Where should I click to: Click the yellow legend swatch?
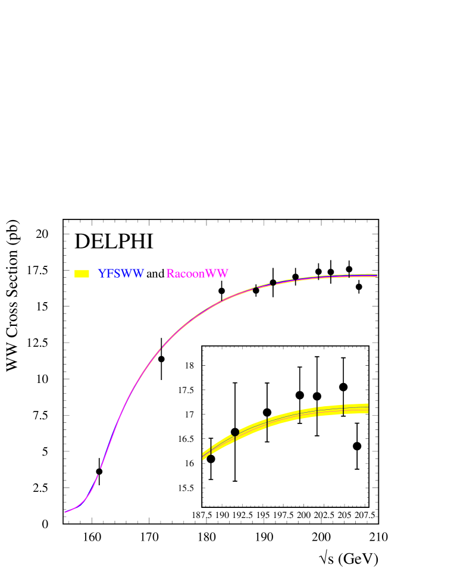(82, 274)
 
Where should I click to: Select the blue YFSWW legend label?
(121, 274)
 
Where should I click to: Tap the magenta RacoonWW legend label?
(197, 274)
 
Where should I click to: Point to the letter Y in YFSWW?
(102, 274)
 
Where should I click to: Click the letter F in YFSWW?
(110, 274)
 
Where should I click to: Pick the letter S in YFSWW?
(117, 274)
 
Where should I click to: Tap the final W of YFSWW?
(139, 274)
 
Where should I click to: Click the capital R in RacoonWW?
(170, 274)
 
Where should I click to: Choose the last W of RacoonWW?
(223, 274)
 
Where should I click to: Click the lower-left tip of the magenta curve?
(65, 512)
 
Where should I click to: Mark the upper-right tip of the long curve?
(377, 275)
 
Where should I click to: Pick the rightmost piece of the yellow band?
(356, 409)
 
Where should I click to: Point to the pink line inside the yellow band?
(286, 418)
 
